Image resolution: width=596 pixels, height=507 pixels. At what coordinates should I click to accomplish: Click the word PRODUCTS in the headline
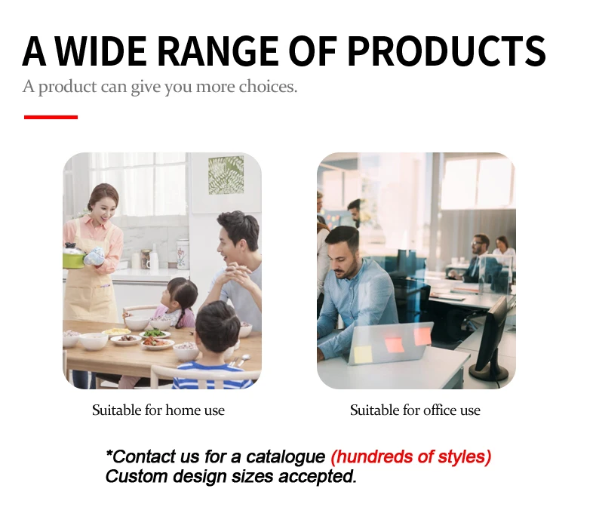pos(447,51)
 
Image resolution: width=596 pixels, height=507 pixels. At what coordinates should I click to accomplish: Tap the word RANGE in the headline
pos(217,51)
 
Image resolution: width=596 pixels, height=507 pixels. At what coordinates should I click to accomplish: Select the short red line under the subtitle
pos(51,117)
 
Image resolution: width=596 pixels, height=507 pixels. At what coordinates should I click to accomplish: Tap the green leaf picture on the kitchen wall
pos(226,175)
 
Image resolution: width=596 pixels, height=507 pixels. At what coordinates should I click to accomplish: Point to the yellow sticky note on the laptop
pos(363,354)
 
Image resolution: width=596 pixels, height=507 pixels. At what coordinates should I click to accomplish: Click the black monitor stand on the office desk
pos(489,370)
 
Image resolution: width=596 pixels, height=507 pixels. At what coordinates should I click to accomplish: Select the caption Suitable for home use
pos(158,410)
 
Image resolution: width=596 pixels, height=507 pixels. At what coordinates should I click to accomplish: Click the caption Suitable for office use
pos(415,410)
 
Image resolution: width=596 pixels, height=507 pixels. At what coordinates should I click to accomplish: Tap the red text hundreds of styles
pos(411,456)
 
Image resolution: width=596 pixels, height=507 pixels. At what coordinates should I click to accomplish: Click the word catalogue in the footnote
pos(285,456)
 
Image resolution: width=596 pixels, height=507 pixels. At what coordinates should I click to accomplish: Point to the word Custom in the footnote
pos(136,476)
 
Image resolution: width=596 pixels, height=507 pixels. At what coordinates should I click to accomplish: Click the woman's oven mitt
pos(94,256)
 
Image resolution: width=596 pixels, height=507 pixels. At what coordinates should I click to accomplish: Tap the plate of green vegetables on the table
pos(155,334)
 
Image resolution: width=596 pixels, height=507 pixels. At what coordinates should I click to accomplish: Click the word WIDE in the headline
pos(102,51)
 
